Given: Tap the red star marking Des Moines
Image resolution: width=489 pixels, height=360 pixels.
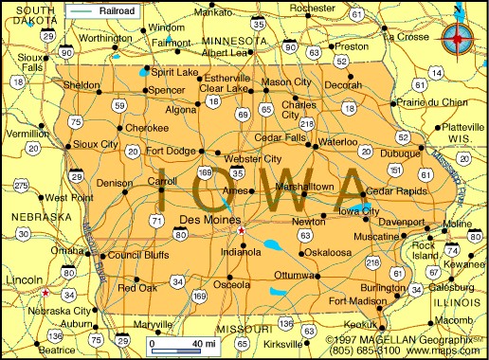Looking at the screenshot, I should [242, 230].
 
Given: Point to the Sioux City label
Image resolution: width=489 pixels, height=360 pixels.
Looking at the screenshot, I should [96, 145].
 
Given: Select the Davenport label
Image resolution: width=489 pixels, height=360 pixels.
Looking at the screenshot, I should [400, 223].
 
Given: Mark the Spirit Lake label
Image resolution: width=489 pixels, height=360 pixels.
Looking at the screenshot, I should [174, 73].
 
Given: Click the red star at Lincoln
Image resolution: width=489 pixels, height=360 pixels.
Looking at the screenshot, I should [45, 292].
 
